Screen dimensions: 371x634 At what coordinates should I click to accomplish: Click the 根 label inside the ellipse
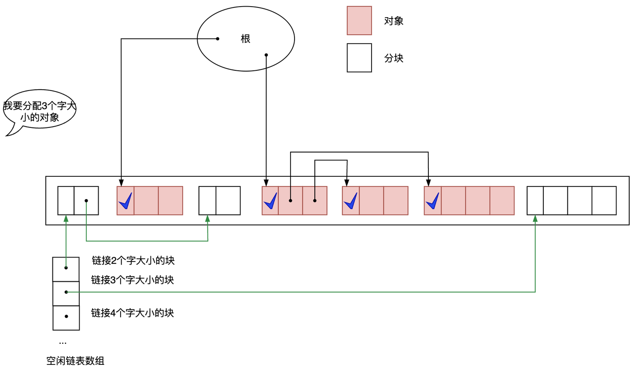(245, 39)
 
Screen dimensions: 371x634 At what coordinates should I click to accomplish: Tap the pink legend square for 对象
(359, 21)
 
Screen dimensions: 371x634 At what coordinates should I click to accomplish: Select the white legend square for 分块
(359, 58)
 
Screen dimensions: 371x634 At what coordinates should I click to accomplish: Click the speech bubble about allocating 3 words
(40, 111)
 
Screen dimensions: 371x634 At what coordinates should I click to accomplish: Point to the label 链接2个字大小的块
(133, 261)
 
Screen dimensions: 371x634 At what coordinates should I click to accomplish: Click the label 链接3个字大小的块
(133, 280)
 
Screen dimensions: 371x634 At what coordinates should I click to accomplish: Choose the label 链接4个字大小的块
(133, 313)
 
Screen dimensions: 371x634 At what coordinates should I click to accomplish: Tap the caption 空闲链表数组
(75, 361)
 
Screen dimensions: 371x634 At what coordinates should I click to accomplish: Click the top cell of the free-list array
(66, 269)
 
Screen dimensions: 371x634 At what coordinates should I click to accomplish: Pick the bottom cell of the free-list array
(66, 318)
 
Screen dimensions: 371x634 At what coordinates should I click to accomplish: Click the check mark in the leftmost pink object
(125, 201)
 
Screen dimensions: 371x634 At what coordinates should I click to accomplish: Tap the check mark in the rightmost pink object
(432, 201)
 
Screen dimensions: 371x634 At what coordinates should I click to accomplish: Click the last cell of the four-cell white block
(604, 201)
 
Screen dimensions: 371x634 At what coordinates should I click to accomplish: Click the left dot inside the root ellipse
(217, 39)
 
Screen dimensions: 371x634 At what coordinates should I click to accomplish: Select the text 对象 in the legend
(394, 21)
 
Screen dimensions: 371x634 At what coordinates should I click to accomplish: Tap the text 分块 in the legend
(394, 58)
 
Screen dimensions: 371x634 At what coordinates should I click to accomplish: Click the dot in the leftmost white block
(86, 201)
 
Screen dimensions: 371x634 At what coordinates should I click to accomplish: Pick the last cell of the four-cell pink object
(502, 201)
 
